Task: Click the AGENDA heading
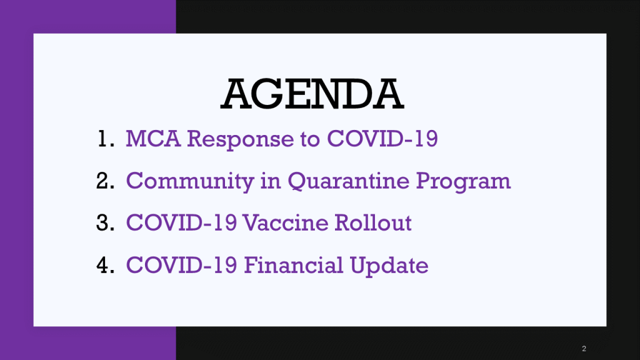(312, 94)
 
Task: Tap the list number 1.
(106, 138)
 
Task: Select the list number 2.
(105, 181)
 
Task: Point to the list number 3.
(105, 223)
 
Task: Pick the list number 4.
(105, 265)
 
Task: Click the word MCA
(153, 138)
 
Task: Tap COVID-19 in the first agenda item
(382, 138)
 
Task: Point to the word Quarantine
(348, 181)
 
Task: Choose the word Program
(463, 182)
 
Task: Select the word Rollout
(373, 223)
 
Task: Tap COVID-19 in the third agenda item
(181, 223)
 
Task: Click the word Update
(389, 266)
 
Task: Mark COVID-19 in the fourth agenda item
(182, 265)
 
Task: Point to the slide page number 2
(584, 349)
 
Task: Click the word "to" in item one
(310, 139)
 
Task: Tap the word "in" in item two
(271, 181)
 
